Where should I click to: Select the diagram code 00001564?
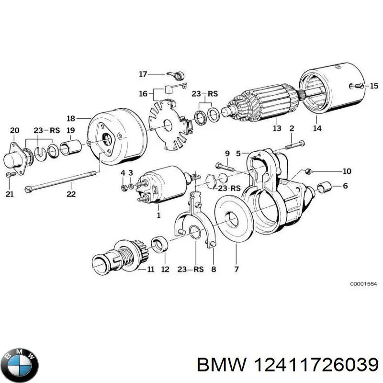click(x=363, y=283)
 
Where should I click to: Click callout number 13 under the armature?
click(x=277, y=128)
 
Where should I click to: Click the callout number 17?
click(x=143, y=74)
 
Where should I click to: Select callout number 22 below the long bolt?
click(x=71, y=194)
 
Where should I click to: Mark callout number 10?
click(x=347, y=171)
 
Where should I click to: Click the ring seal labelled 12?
click(x=159, y=245)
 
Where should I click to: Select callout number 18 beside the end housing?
click(x=71, y=118)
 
